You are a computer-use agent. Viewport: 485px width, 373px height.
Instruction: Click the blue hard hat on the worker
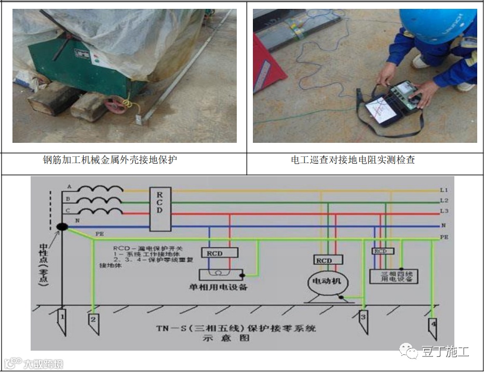click(445, 25)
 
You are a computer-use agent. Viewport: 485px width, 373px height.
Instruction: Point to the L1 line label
click(443, 191)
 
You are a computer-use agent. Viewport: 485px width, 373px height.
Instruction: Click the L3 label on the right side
click(443, 210)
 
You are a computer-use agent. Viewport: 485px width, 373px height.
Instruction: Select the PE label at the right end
click(444, 237)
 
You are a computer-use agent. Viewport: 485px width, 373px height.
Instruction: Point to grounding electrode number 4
click(432, 326)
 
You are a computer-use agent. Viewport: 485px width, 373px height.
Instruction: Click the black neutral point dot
click(62, 227)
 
